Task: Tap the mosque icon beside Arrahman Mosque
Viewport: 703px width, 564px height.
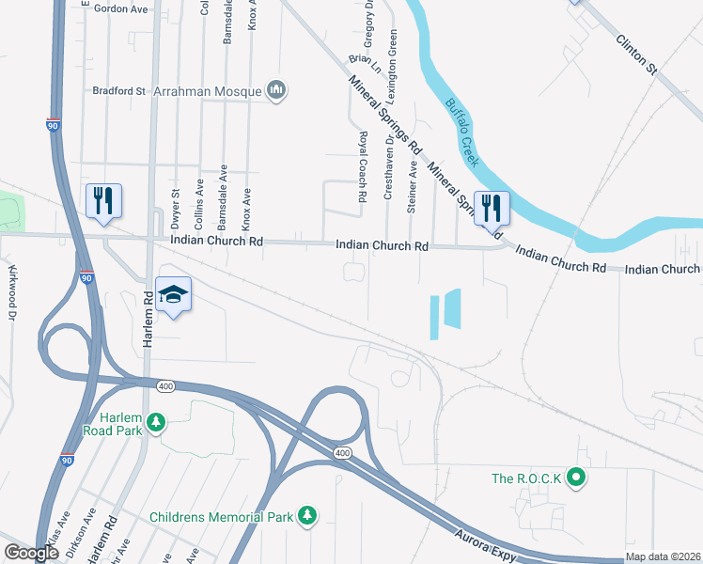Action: pos(276,90)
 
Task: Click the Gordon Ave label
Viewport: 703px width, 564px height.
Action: pos(121,8)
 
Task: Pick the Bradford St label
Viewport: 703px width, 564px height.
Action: pos(119,91)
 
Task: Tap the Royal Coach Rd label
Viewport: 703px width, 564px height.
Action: pos(361,167)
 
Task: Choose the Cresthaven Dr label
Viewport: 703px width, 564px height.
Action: pos(387,166)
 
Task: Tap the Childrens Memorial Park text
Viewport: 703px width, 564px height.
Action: pos(221,517)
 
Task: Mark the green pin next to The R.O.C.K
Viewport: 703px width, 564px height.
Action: pos(579,478)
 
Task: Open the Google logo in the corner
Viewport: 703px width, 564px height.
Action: pos(31,553)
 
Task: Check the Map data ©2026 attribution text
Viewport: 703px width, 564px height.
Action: pos(664,556)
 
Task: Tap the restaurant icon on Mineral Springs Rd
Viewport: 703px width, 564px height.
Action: pos(492,207)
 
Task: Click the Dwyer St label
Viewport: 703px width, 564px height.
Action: pos(175,206)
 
